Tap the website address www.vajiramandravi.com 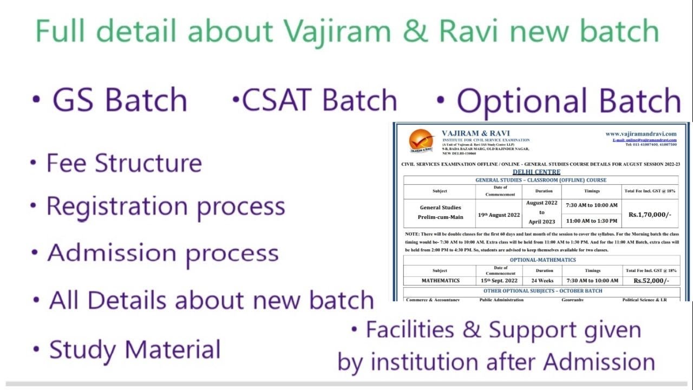[x=641, y=134]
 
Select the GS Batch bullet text [x=119, y=100]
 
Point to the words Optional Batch [x=568, y=101]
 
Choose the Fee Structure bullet [x=124, y=163]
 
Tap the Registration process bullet [x=165, y=206]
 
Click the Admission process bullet [x=162, y=253]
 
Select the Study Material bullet [x=135, y=349]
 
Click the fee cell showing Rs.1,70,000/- [x=650, y=214]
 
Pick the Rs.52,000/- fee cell [x=651, y=281]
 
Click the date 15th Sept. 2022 [x=499, y=281]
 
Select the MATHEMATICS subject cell [x=440, y=281]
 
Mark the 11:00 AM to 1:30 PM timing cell [x=591, y=221]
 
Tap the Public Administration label [x=501, y=299]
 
